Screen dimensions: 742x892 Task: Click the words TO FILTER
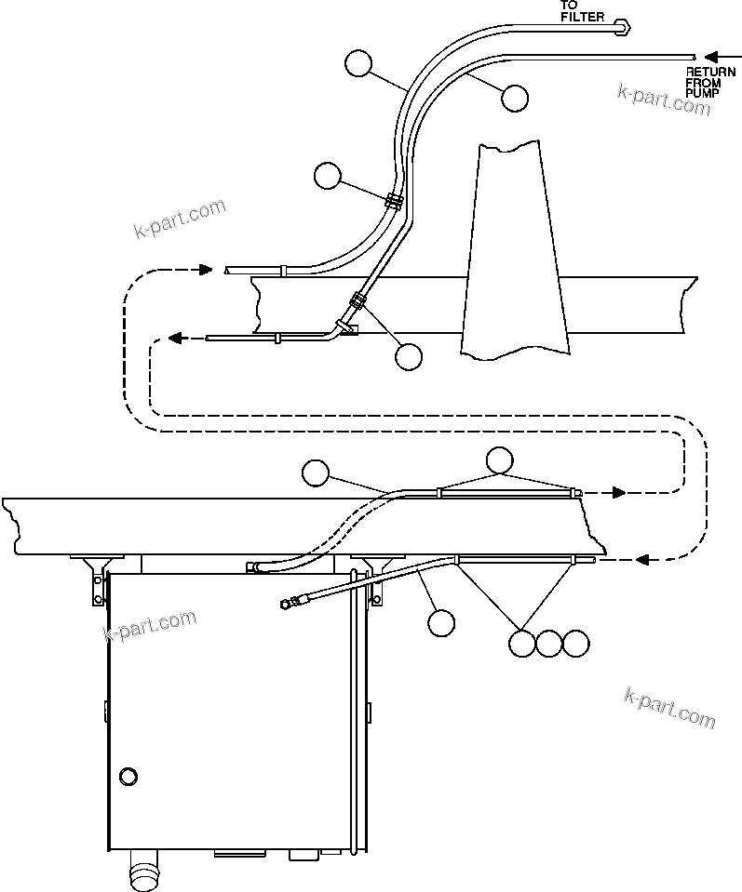583,10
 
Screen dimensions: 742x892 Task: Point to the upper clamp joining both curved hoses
393,200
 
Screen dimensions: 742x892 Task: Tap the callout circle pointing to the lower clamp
409,356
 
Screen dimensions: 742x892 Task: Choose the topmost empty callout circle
358,63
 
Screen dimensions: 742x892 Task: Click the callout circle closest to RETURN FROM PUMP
514,97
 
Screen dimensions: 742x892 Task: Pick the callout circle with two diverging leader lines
500,459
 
